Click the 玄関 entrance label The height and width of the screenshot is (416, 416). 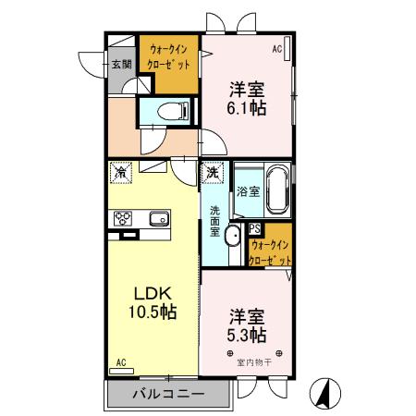[x=122, y=65]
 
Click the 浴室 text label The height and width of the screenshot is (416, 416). [x=247, y=191]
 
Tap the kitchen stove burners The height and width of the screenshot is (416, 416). [x=123, y=218]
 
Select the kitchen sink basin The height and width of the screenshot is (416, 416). [x=156, y=219]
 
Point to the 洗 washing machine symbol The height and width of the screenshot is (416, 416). [x=213, y=172]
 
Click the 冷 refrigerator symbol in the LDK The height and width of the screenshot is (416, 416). [x=121, y=171]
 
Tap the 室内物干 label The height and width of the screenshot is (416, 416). [x=252, y=361]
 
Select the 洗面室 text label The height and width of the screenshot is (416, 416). [x=214, y=221]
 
